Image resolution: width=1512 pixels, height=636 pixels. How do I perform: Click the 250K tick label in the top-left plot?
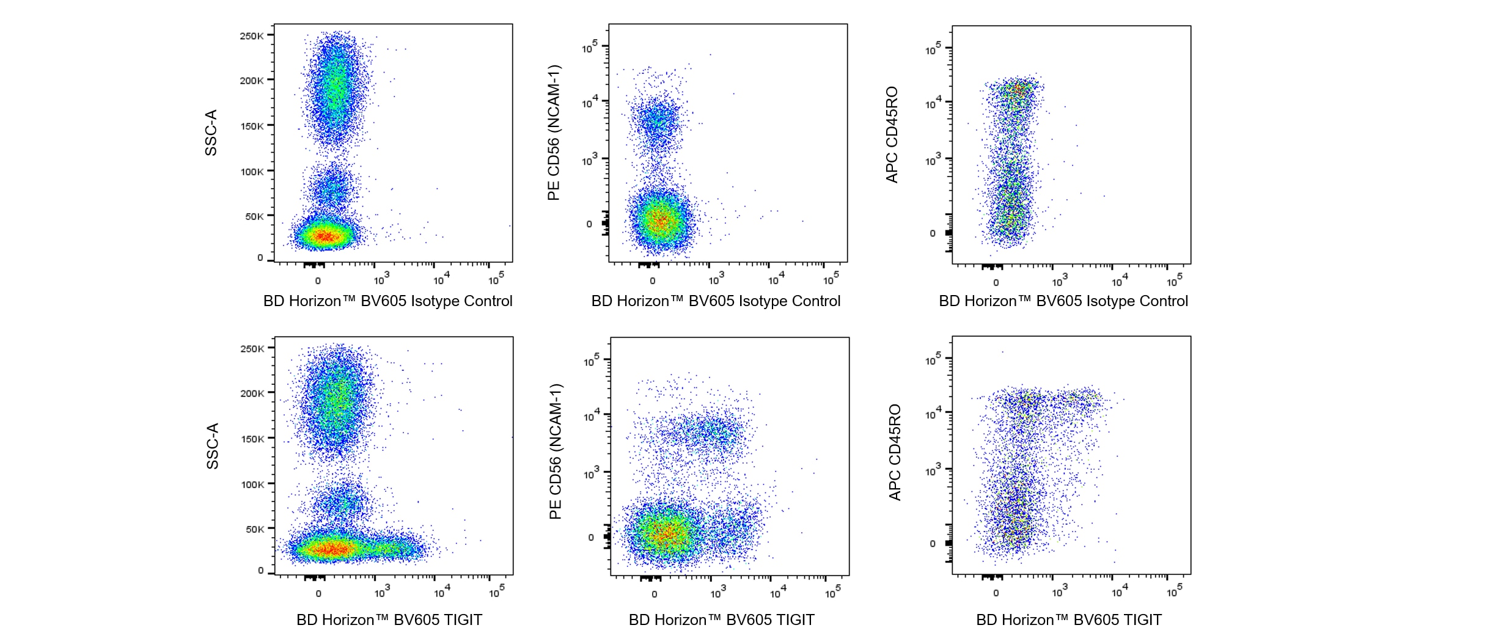251,36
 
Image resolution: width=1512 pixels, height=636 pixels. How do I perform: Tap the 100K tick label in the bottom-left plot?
252,484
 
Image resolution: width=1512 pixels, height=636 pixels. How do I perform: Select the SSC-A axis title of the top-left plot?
211,133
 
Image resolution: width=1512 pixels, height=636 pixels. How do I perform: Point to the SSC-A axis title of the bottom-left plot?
212,446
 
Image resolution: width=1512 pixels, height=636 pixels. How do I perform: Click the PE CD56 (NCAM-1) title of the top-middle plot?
554,133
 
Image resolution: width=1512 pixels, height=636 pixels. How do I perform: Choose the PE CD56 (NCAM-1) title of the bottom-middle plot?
555,451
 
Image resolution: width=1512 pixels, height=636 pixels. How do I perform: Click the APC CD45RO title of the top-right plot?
892,134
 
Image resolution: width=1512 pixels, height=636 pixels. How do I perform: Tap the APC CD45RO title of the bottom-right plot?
894,452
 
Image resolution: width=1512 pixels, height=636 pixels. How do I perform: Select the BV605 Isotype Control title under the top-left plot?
387,301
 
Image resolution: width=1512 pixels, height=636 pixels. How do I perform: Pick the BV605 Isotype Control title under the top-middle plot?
716,301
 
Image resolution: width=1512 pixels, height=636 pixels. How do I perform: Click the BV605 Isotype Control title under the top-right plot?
1063,301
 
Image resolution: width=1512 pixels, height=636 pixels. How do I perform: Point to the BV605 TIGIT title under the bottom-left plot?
389,620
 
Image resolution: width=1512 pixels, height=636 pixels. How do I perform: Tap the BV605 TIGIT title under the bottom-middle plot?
721,620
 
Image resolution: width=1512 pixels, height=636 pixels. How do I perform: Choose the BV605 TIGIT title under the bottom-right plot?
1069,620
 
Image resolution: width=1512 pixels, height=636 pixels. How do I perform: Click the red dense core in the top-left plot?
325,236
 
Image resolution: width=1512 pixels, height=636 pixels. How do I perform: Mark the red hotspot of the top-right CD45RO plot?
1018,90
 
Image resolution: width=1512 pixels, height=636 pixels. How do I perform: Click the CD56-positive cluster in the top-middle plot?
657,122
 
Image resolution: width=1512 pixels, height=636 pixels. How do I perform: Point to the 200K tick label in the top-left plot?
251,81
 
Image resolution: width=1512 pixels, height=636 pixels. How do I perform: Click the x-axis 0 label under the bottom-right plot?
996,593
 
